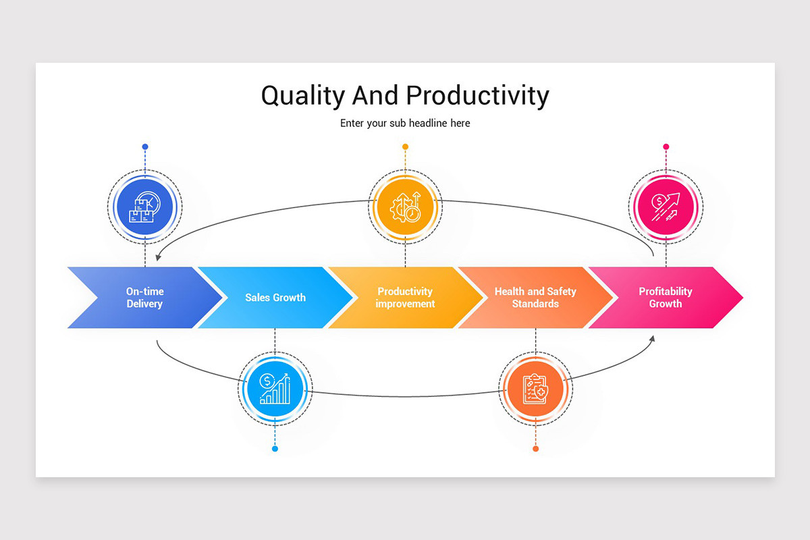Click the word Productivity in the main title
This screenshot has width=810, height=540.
[477, 96]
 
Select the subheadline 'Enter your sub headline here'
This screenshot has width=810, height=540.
[405, 124]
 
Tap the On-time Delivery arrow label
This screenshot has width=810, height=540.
[144, 298]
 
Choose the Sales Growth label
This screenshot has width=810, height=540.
[275, 298]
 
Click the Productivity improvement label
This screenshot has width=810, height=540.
[405, 298]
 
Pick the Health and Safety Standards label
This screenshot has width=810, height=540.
[535, 298]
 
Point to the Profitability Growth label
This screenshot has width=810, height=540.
[666, 298]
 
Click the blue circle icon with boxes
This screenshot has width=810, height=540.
[144, 207]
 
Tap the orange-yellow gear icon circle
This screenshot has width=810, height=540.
[405, 207]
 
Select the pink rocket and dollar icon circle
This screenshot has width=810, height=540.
[666, 207]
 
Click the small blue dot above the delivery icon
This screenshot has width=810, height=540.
[145, 146]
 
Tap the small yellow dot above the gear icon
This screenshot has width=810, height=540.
[405, 146]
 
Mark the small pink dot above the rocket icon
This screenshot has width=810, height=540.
[666, 146]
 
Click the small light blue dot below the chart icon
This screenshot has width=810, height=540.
[275, 449]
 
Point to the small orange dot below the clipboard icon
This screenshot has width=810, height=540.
[535, 449]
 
